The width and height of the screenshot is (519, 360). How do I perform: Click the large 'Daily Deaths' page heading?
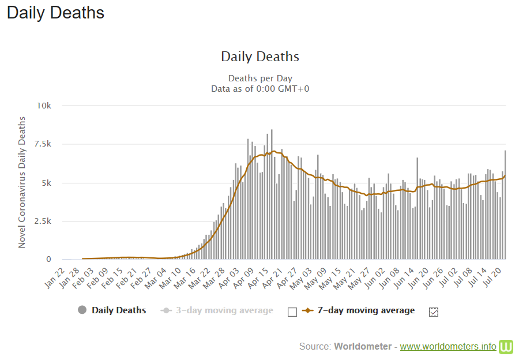click(x=55, y=13)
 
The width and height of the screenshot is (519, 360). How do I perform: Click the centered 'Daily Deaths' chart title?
click(x=260, y=57)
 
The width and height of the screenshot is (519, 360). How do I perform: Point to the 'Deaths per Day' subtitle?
click(x=260, y=78)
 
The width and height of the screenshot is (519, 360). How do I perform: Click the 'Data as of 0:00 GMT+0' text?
click(x=260, y=88)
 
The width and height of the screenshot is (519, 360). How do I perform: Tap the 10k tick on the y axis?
click(x=44, y=106)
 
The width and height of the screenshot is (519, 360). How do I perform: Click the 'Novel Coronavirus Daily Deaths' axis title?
click(x=22, y=182)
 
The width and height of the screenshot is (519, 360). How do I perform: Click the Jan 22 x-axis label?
click(x=55, y=276)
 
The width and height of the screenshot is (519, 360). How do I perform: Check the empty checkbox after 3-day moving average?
click(x=292, y=312)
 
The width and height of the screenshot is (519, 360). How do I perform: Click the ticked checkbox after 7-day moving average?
click(x=434, y=312)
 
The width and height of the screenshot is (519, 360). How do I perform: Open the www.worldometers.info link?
click(x=447, y=347)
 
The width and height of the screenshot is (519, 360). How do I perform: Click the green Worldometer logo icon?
click(x=506, y=346)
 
